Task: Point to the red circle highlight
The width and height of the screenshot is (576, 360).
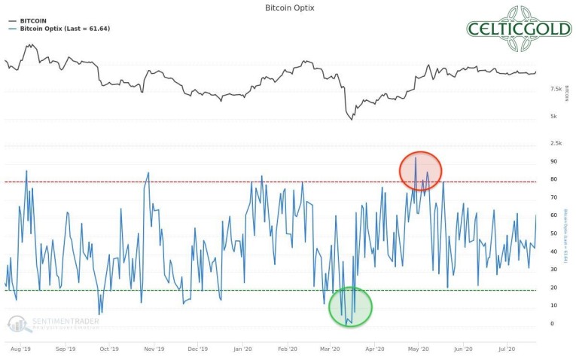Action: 419,171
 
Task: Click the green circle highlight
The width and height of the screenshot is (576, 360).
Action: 350,307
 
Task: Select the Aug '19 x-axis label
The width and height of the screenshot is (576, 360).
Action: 21,349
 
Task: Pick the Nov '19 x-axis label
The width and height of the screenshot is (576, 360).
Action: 154,349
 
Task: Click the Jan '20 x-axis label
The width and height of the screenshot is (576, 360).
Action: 242,349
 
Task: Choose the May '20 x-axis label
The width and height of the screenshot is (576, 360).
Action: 419,349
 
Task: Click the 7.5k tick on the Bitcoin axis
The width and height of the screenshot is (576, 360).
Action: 556,89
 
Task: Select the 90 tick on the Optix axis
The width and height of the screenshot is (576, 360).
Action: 553,161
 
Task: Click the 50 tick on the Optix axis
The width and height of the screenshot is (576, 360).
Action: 553,233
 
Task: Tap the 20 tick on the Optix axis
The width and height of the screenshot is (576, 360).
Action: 553,287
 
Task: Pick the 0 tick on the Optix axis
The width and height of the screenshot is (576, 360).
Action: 552,323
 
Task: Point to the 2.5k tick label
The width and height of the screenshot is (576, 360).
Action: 556,142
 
